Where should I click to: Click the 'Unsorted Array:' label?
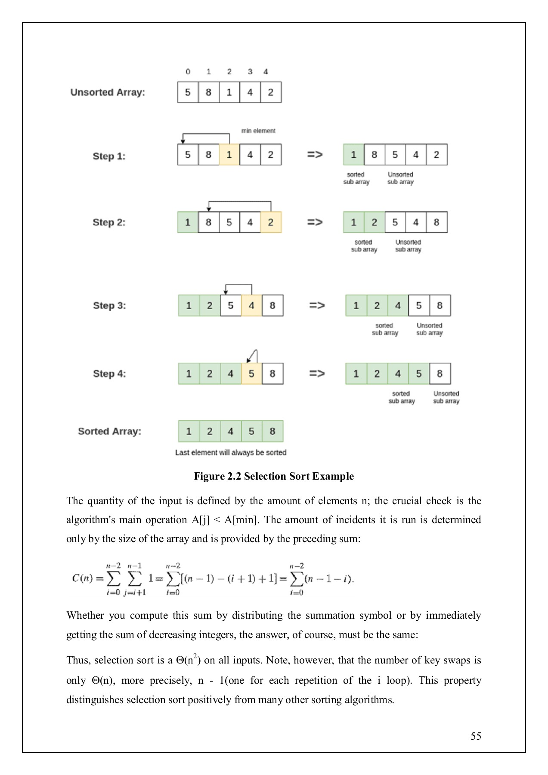click(108, 92)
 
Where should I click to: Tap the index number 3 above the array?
click(250, 71)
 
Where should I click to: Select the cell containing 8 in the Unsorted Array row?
click(208, 92)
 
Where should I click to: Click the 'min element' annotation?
click(258, 131)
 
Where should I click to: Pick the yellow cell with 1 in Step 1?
click(229, 155)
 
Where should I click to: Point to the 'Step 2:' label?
click(109, 222)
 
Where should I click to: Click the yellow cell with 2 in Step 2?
click(271, 222)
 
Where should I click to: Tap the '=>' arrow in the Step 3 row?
click(317, 305)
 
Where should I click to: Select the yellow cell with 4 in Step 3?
click(251, 305)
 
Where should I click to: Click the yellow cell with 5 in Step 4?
click(251, 373)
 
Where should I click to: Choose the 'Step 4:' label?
click(109, 373)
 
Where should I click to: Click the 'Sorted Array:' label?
click(109, 431)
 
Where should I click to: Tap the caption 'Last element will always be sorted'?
click(231, 453)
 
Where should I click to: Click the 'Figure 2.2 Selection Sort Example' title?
click(274, 476)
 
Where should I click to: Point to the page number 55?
click(476, 736)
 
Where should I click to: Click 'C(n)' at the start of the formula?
click(82, 578)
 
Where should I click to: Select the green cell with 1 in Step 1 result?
click(353, 155)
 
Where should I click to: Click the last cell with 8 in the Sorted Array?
click(272, 431)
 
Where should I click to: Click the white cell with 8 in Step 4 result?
click(440, 373)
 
